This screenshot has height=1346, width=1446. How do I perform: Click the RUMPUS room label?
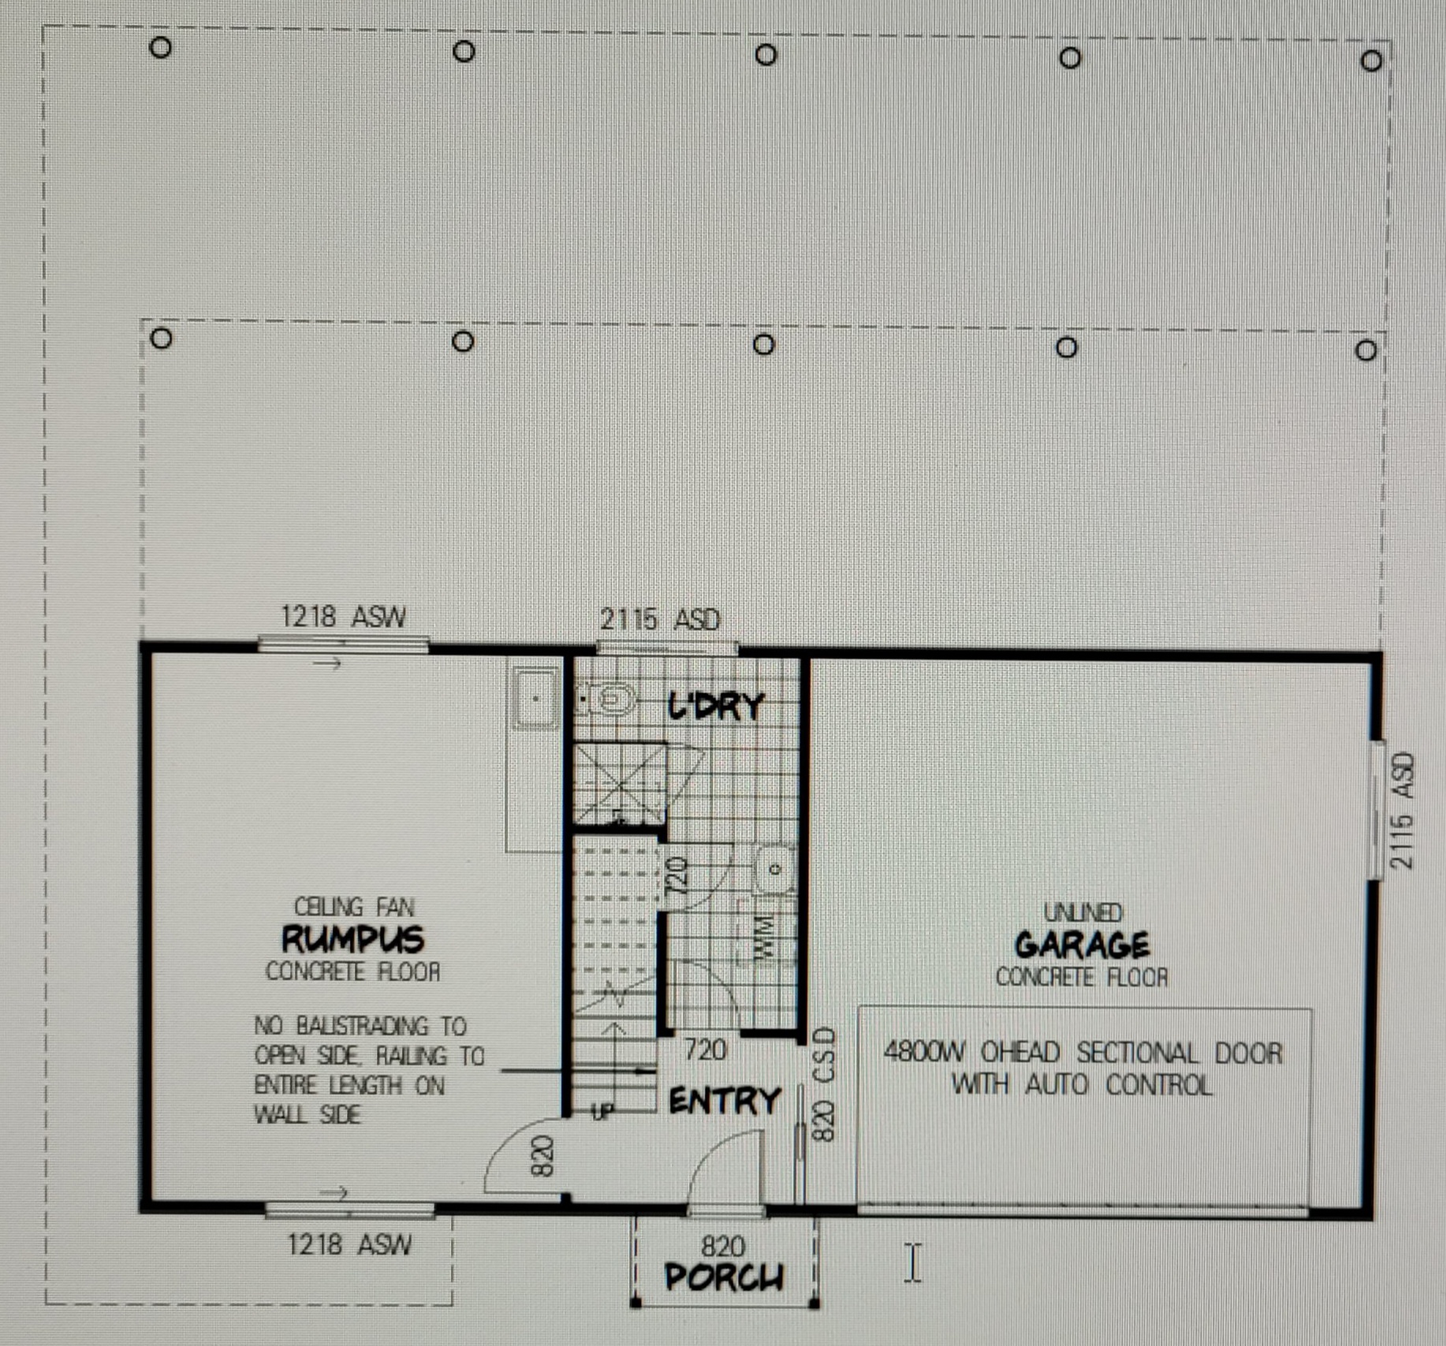(x=353, y=938)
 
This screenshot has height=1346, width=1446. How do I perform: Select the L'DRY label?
(x=716, y=706)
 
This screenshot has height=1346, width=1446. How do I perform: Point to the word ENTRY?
(x=725, y=1101)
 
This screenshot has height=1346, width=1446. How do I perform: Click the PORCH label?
(x=724, y=1277)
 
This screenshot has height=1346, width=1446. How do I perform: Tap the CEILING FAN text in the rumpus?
(x=354, y=907)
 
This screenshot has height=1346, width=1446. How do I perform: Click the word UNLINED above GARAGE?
(x=1083, y=912)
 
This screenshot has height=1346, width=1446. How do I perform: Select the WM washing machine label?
(x=764, y=936)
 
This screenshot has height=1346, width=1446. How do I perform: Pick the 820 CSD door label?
(x=823, y=1083)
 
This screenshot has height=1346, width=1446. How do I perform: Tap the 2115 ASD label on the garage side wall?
(x=1402, y=811)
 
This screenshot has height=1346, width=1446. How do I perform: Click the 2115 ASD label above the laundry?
(x=660, y=620)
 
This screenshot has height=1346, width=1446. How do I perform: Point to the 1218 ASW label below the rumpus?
(x=348, y=1244)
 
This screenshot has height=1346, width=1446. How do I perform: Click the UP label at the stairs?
(x=602, y=1112)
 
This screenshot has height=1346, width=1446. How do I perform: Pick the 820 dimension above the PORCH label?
(x=722, y=1247)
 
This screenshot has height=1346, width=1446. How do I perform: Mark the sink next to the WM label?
(x=774, y=869)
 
